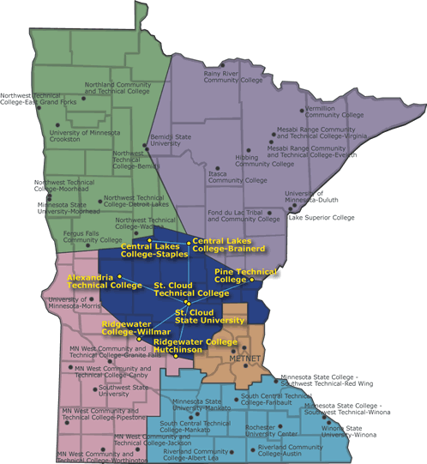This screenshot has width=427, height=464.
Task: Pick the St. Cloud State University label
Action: point(210,316)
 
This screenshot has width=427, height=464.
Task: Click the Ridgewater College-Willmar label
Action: point(135,328)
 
